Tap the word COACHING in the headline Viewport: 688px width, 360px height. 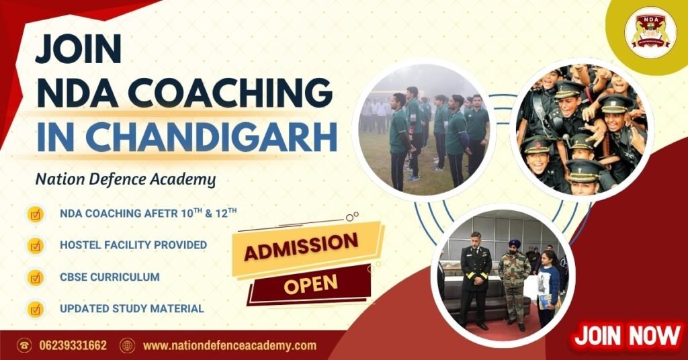216,92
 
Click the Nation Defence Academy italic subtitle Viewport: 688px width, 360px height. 126,179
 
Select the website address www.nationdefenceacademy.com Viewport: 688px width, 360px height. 229,346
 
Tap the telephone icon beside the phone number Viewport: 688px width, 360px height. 24,346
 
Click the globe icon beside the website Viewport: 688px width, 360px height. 127,346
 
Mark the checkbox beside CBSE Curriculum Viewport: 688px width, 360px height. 35,277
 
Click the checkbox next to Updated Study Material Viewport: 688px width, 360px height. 35,309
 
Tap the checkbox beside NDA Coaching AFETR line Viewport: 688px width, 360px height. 35,214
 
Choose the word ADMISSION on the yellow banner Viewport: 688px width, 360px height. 300,248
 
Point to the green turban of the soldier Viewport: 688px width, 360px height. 515,244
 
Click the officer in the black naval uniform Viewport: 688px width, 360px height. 475,279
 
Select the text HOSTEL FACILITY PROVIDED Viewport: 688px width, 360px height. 133,245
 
